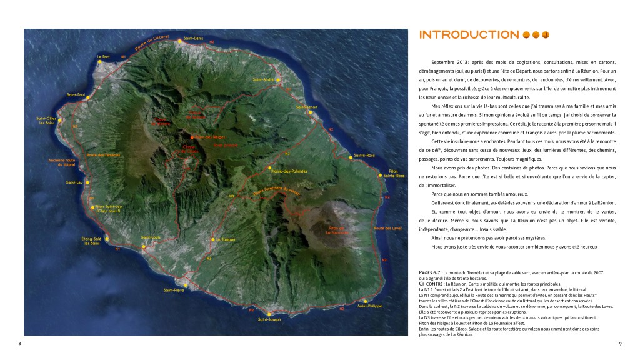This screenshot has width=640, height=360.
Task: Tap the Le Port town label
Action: pyautogui.click(x=103, y=56)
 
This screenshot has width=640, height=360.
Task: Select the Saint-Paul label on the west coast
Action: pyautogui.click(x=76, y=95)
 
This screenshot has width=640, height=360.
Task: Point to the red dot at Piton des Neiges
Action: pyautogui.click(x=192, y=136)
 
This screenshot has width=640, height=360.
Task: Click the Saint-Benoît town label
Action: pyautogui.click(x=307, y=107)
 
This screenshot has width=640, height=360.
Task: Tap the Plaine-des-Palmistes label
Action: pyautogui.click(x=289, y=170)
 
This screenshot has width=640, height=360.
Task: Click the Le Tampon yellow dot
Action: pyautogui.click(x=212, y=239)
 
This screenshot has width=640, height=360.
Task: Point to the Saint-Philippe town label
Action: pyautogui.click(x=370, y=306)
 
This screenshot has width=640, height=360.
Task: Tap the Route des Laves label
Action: pyautogui.click(x=386, y=229)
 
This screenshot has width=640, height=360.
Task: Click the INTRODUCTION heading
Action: pyautogui.click(x=469, y=35)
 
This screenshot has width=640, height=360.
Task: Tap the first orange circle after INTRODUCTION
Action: pyautogui.click(x=526, y=35)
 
